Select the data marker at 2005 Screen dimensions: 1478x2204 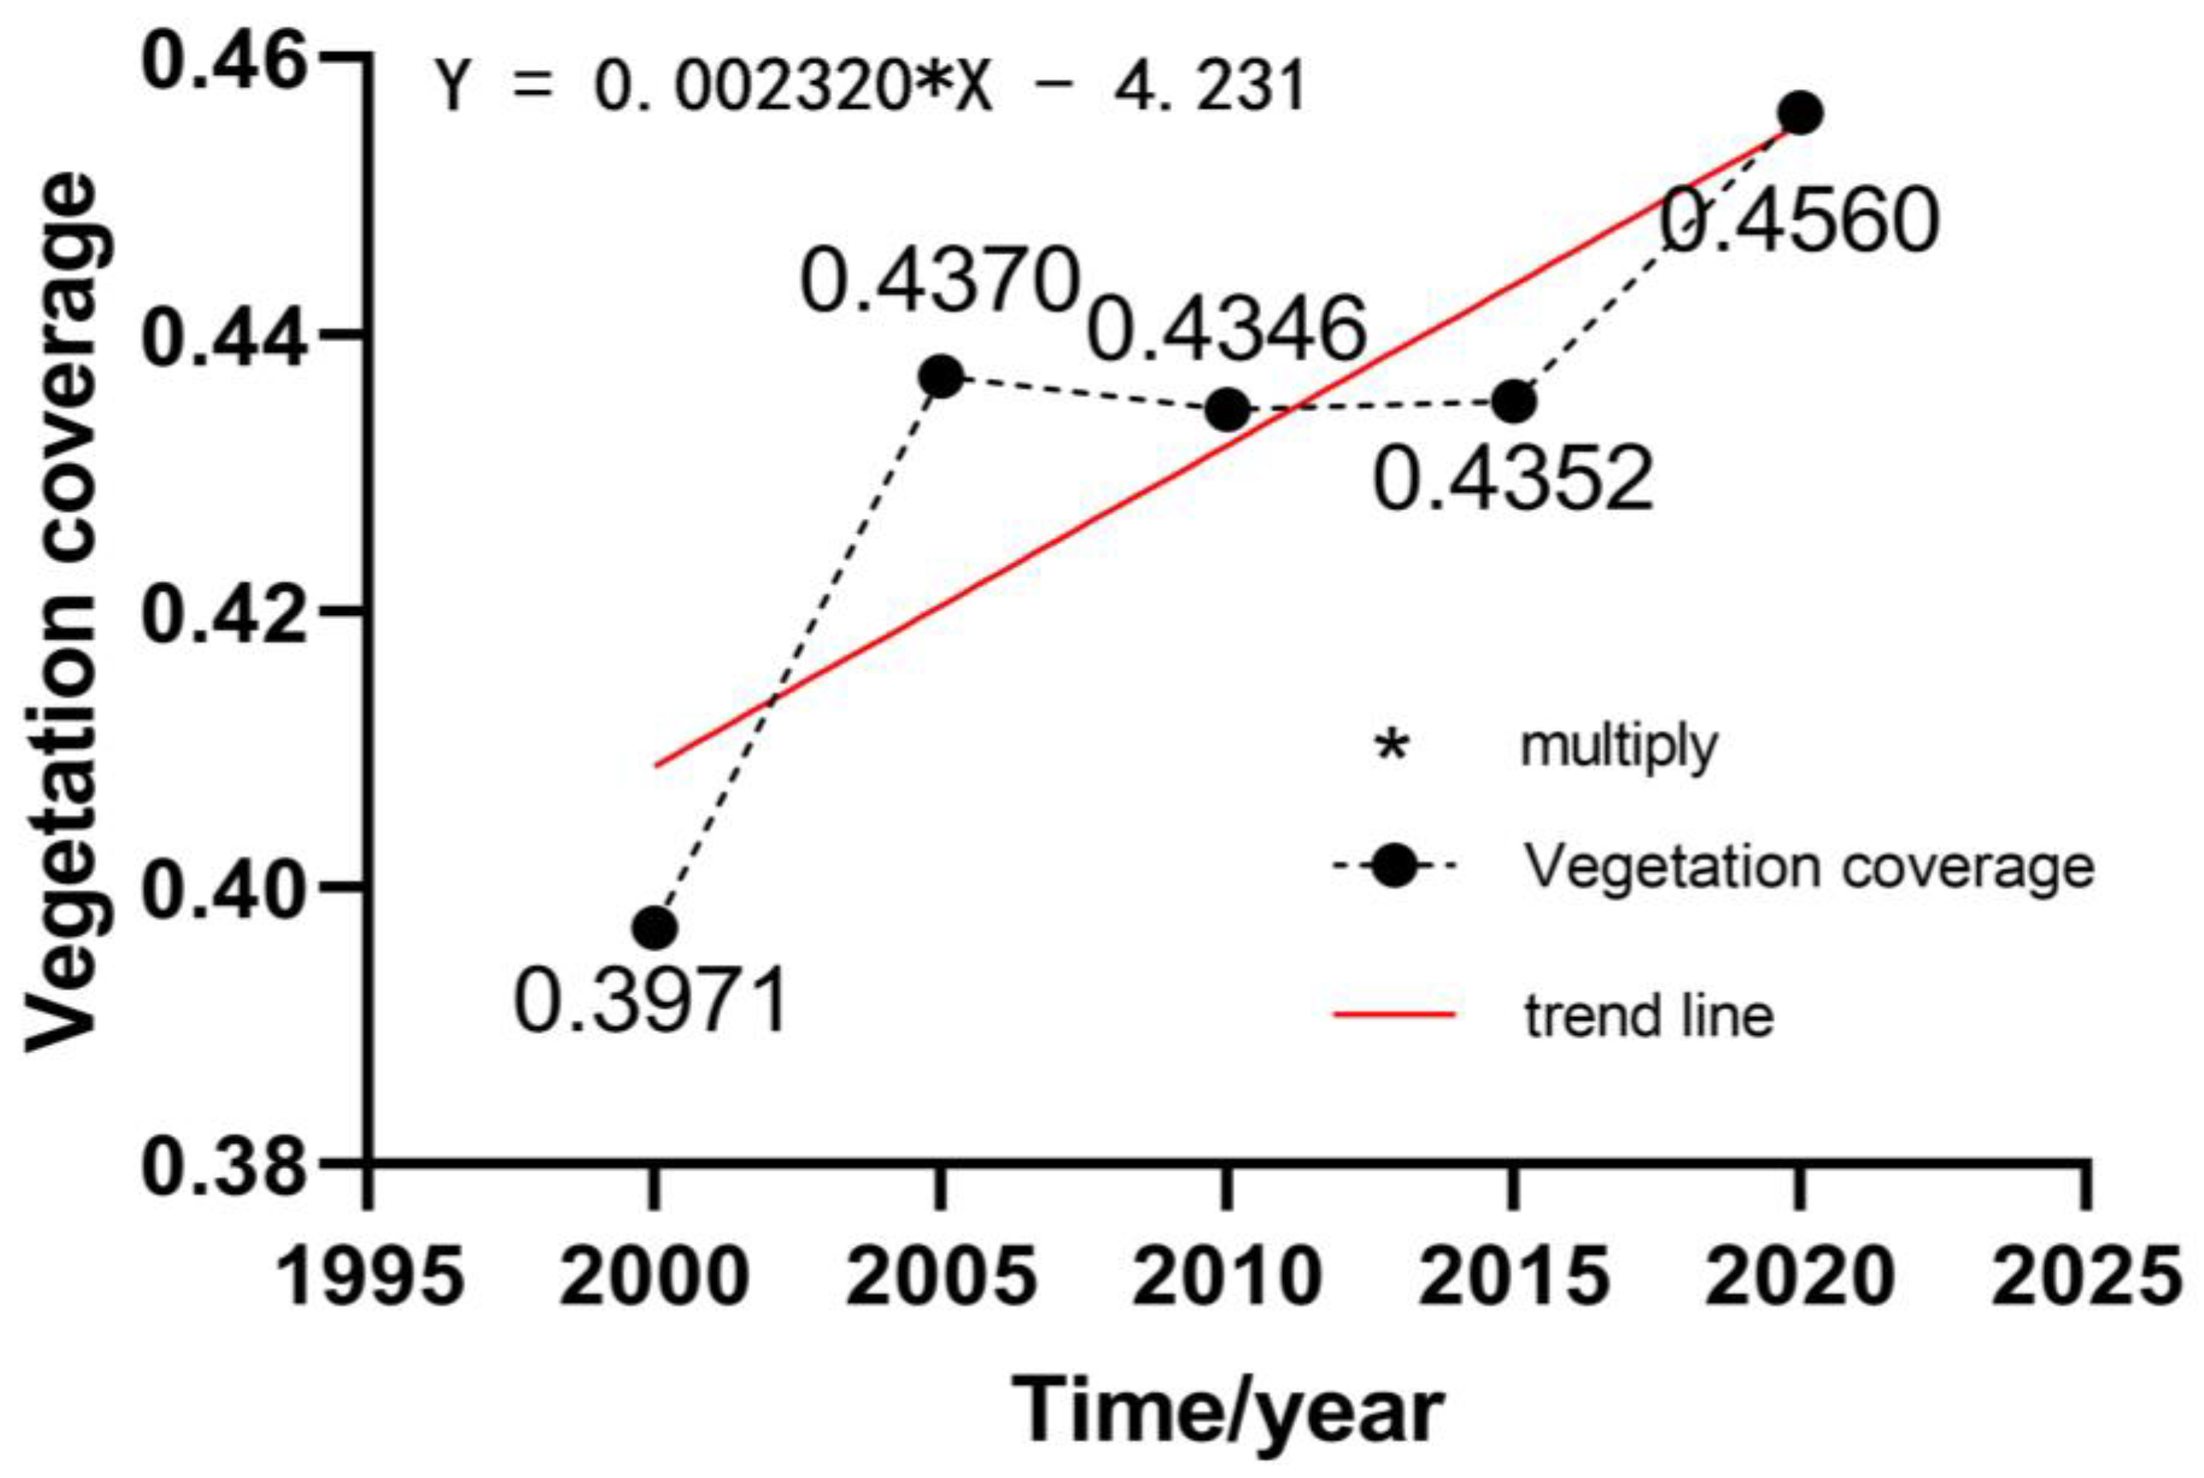[x=941, y=377]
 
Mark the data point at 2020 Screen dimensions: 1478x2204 [x=1800, y=114]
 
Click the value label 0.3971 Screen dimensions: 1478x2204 [x=650, y=1001]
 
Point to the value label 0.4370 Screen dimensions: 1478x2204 [x=939, y=280]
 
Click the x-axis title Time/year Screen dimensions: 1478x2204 [x=1228, y=1411]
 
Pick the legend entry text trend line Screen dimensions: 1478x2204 [x=1648, y=1016]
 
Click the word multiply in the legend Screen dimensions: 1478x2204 [x=1619, y=746]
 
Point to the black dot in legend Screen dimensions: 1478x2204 [x=1393, y=865]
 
